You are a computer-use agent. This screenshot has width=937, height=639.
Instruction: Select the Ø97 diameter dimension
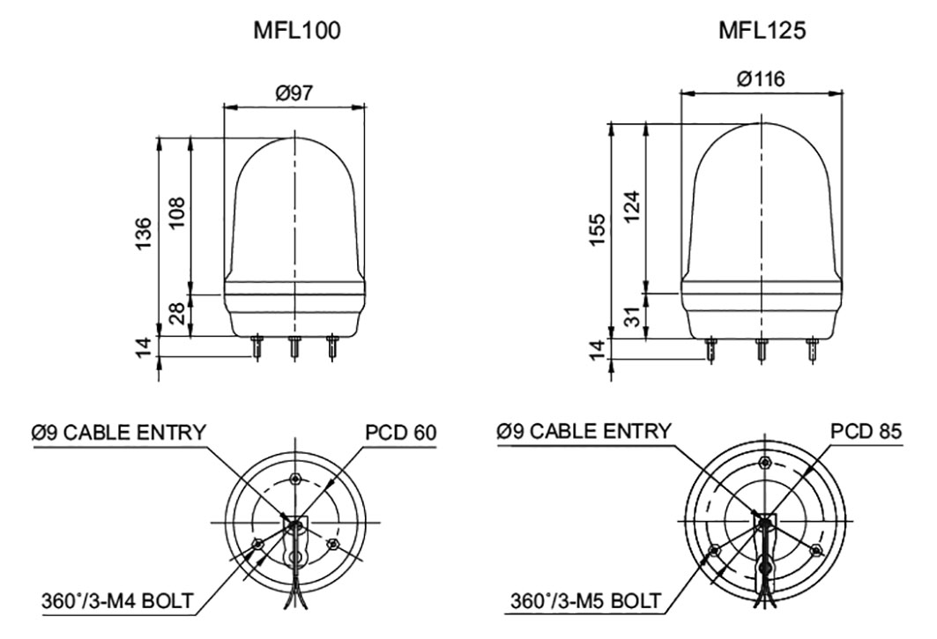[x=294, y=93]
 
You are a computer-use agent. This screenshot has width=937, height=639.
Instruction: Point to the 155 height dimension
[x=599, y=231]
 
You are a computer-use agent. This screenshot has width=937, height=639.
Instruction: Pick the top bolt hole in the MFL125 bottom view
[x=763, y=463]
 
